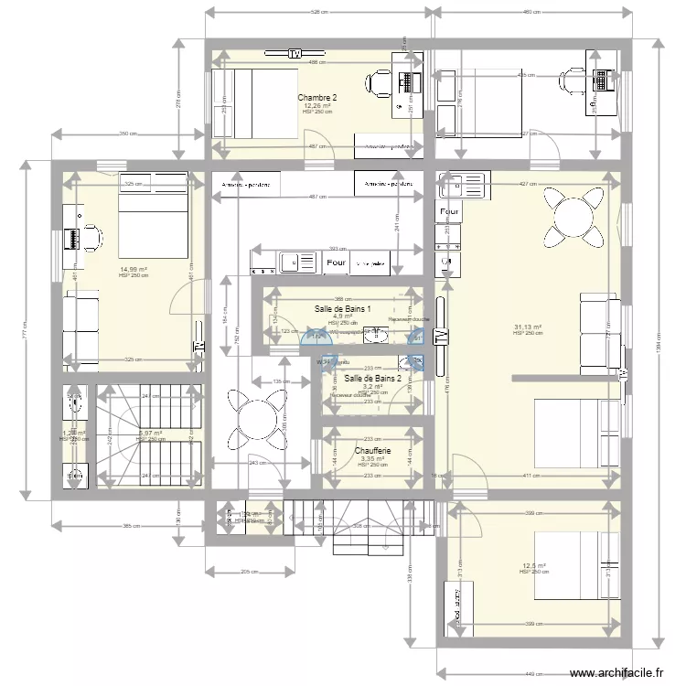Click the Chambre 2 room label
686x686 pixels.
click(x=317, y=98)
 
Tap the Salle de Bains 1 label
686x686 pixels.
click(x=342, y=309)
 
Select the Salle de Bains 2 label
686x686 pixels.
click(x=373, y=378)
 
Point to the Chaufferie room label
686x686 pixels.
click(x=373, y=450)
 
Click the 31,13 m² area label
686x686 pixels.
click(x=528, y=327)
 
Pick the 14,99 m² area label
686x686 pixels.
click(x=134, y=269)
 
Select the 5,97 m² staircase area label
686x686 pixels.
click(x=149, y=434)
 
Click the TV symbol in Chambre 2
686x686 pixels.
click(x=295, y=53)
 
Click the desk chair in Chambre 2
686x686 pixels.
click(x=378, y=83)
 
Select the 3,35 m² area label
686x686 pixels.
click(x=372, y=458)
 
